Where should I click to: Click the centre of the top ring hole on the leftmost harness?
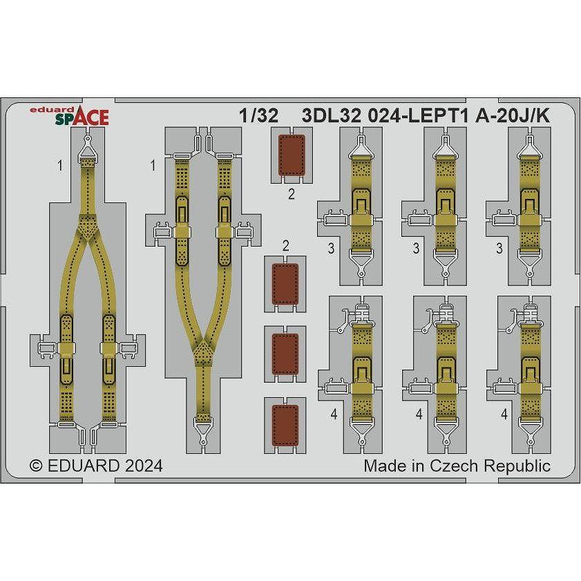(x=88, y=139)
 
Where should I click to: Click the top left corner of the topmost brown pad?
(x=279, y=135)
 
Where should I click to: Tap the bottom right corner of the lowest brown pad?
(x=298, y=445)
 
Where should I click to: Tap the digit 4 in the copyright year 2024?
(x=158, y=466)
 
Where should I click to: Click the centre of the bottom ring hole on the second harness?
(x=202, y=441)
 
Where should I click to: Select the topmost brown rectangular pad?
(x=292, y=155)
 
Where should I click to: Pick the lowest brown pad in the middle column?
(x=285, y=426)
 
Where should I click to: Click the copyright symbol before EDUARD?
(x=36, y=466)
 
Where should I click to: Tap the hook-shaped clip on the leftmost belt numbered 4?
(x=344, y=319)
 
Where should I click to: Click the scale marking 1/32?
(x=258, y=116)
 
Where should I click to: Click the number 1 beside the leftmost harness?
(x=60, y=165)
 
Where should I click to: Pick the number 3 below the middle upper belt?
(x=416, y=248)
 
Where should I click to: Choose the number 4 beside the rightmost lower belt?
(x=504, y=414)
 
